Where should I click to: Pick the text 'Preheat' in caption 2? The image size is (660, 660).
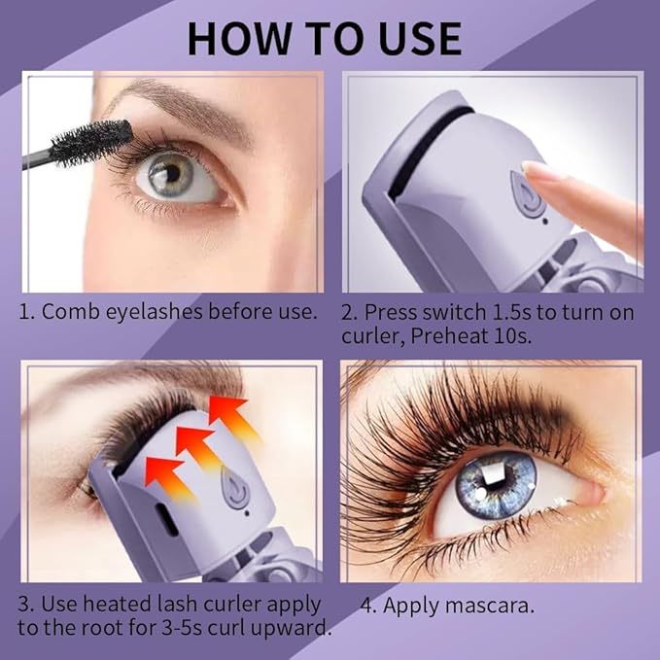457,336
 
